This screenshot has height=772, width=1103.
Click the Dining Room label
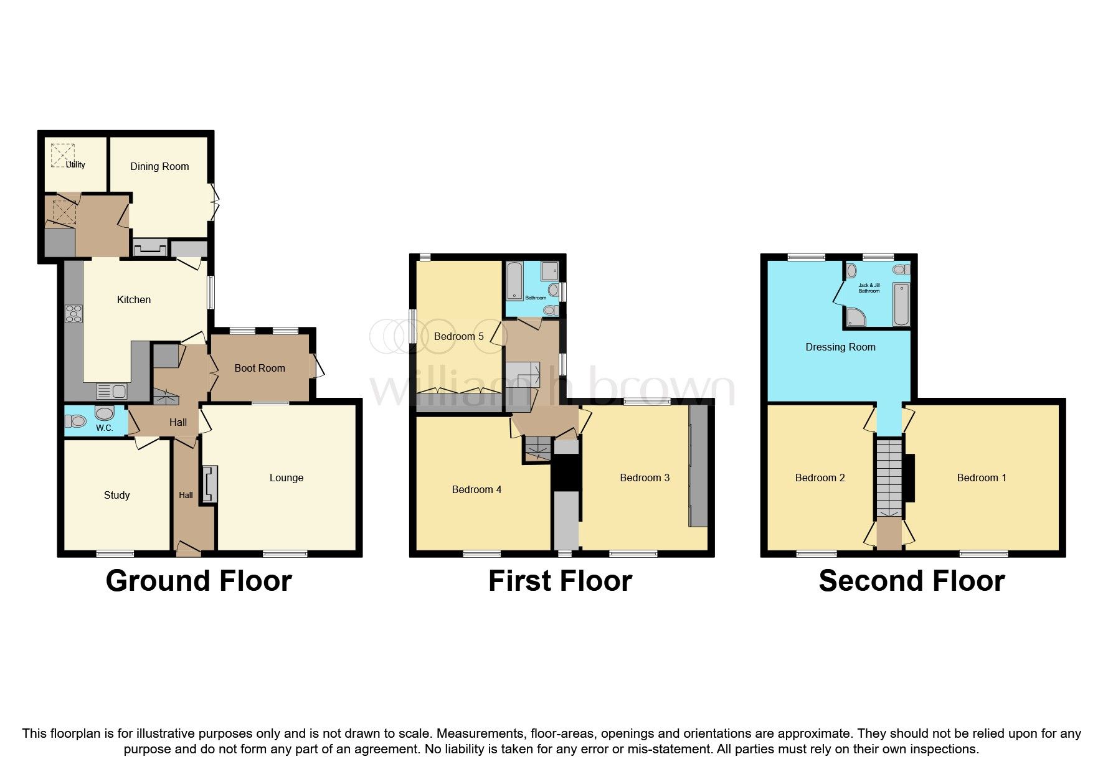(x=159, y=166)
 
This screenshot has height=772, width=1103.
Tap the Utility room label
(x=75, y=164)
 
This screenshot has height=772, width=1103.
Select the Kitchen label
(x=134, y=299)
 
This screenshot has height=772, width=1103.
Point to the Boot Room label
(x=260, y=368)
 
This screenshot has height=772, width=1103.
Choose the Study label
(x=116, y=495)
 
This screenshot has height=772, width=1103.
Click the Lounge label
(x=286, y=478)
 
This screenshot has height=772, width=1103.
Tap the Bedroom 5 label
(x=459, y=336)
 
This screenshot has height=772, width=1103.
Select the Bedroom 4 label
(x=476, y=489)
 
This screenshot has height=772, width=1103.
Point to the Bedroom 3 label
(x=645, y=478)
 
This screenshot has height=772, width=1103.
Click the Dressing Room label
(x=840, y=347)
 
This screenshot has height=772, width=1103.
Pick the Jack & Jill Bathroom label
(x=869, y=288)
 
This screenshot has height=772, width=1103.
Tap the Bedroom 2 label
(x=820, y=478)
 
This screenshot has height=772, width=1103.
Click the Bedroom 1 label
(x=982, y=478)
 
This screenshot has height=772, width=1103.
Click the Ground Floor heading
(x=199, y=580)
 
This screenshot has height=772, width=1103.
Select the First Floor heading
(x=560, y=580)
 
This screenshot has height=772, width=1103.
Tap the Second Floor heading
(x=912, y=580)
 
